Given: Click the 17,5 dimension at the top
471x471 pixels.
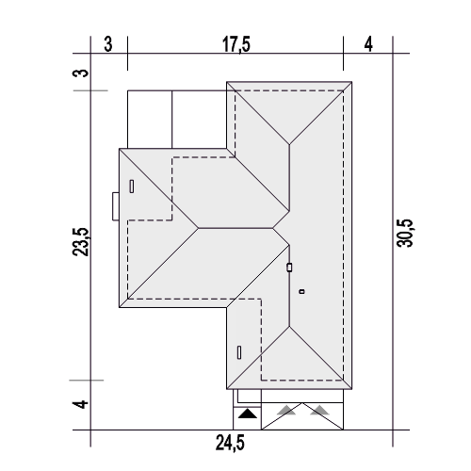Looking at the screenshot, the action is pos(236,44).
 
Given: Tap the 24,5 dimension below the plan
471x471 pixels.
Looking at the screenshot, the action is pos(230,443).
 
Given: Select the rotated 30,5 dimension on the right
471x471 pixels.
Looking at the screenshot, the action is pos(405,233).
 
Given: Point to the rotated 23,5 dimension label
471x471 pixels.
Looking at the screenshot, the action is pos(81,242).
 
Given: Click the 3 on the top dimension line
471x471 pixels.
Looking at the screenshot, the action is pos(108,44).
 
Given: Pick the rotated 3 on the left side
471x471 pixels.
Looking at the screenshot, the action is pos(81,73).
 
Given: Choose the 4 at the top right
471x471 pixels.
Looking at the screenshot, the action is pos(368,44).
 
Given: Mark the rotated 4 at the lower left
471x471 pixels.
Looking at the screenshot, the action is pos(81,404).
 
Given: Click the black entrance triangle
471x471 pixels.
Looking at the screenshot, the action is pos(248,414).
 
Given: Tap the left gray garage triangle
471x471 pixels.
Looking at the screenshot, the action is pos(286,411).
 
